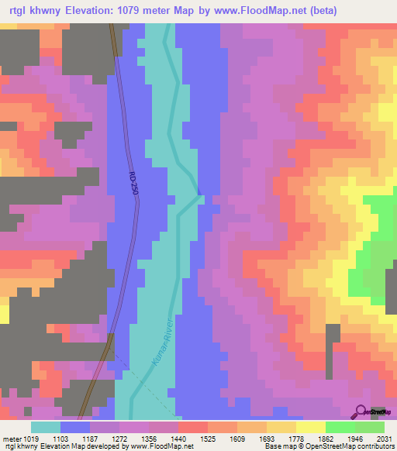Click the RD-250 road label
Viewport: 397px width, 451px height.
pyautogui.click(x=133, y=183)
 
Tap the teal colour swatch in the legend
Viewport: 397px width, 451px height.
pyautogui.click(x=46, y=427)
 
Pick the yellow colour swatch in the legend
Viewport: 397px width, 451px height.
pyautogui.click(x=310, y=427)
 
